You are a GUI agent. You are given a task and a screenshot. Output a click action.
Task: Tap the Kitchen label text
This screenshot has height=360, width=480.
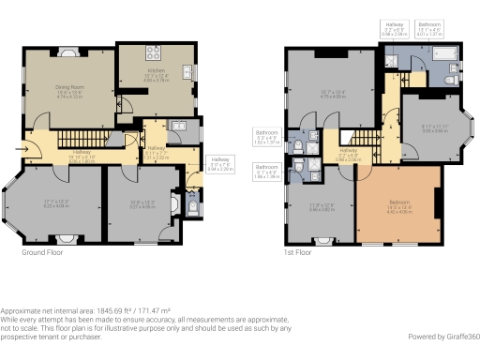pos(157,70)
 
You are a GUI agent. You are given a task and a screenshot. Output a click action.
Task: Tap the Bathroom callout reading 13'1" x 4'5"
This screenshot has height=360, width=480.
pos(429,28)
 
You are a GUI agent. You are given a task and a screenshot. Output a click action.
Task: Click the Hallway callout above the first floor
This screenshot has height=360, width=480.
pos(394,28)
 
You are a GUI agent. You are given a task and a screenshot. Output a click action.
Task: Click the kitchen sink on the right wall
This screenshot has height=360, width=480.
pos(187,72)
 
